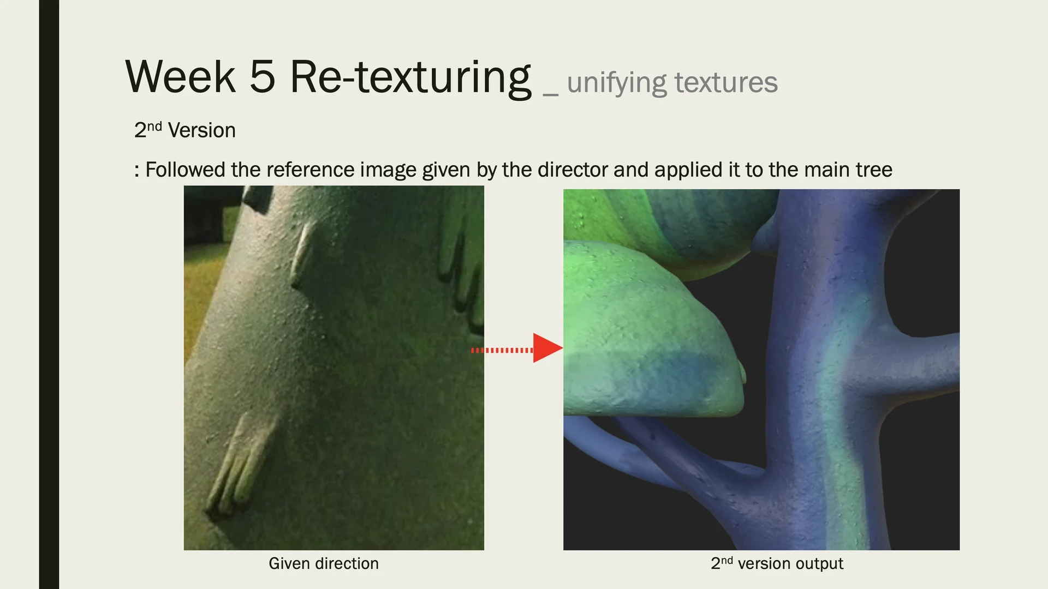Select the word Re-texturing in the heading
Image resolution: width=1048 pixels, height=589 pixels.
(x=410, y=79)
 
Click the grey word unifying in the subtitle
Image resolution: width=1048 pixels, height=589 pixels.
(x=617, y=83)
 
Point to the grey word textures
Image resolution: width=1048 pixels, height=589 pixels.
(x=726, y=83)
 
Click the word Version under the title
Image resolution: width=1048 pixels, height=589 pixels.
(x=201, y=130)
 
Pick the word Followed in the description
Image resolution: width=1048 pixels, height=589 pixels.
(x=185, y=170)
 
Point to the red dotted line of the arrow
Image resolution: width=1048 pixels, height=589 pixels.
(x=502, y=350)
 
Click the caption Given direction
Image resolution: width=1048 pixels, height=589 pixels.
(x=324, y=563)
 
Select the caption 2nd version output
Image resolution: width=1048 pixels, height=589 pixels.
(x=777, y=563)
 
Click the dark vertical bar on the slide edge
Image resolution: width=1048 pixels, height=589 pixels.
(x=49, y=294)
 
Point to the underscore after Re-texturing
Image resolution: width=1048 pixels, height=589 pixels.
(x=550, y=95)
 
